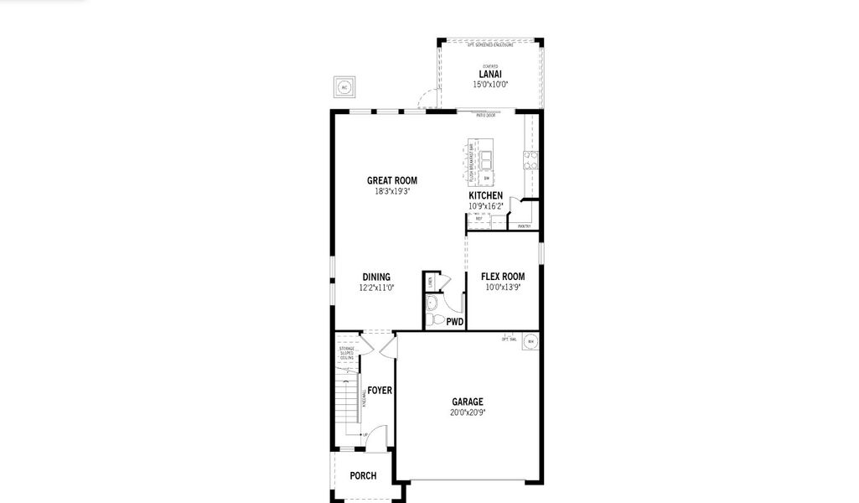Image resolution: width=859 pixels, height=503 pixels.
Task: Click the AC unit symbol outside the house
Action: (344, 86)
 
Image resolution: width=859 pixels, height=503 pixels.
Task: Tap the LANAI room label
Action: (490, 74)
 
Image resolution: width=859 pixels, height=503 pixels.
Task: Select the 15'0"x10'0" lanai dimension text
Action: (490, 84)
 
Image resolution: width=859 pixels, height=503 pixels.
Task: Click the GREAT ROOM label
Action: (391, 180)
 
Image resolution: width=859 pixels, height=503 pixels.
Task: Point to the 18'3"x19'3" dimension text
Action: (391, 191)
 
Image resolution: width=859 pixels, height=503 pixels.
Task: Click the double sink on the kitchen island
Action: (486, 159)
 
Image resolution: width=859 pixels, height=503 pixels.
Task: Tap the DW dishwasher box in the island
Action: (486, 178)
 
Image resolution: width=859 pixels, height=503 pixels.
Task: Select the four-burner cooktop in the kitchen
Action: (530, 159)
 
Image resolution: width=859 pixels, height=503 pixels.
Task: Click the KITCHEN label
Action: (486, 195)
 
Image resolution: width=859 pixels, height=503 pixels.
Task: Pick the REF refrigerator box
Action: (479, 220)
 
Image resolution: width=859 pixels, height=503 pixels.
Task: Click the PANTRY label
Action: (524, 226)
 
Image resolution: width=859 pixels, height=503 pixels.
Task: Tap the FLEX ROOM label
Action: (503, 277)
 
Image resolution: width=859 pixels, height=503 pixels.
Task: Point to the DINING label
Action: (376, 277)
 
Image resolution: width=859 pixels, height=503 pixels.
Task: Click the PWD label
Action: (455, 321)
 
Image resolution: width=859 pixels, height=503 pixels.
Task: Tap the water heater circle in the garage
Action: (530, 341)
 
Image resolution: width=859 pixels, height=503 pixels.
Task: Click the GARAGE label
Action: (468, 402)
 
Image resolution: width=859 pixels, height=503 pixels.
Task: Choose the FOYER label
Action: (380, 390)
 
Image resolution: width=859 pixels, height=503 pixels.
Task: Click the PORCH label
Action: (363, 475)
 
